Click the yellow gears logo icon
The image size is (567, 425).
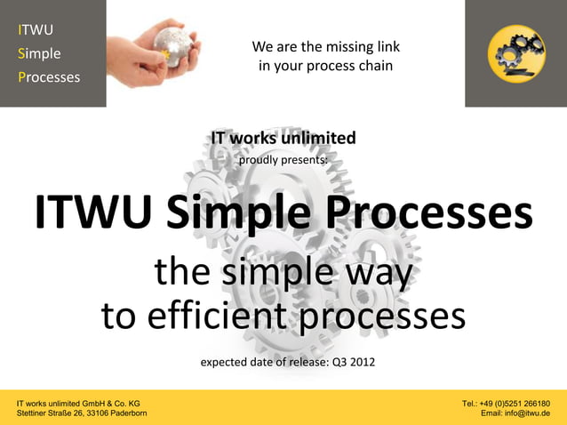(x=516, y=52)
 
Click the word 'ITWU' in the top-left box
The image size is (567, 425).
(x=36, y=30)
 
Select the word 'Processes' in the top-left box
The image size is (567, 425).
(x=49, y=76)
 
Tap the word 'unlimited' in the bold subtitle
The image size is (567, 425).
(x=318, y=138)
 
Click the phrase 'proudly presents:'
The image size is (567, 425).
(x=283, y=160)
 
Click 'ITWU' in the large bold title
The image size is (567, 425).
(x=93, y=214)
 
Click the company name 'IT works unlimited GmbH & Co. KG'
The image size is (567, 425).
(x=78, y=403)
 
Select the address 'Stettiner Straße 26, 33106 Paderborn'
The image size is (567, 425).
(x=82, y=413)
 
